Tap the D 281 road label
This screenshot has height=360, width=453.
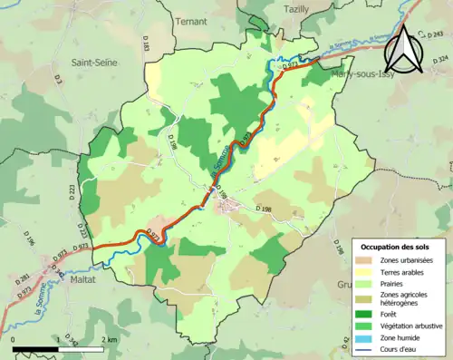coord(24,277)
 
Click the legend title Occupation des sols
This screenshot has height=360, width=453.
coord(399,247)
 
